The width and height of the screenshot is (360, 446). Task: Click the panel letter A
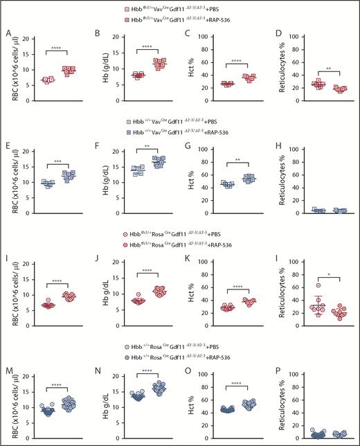tap(8, 33)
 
